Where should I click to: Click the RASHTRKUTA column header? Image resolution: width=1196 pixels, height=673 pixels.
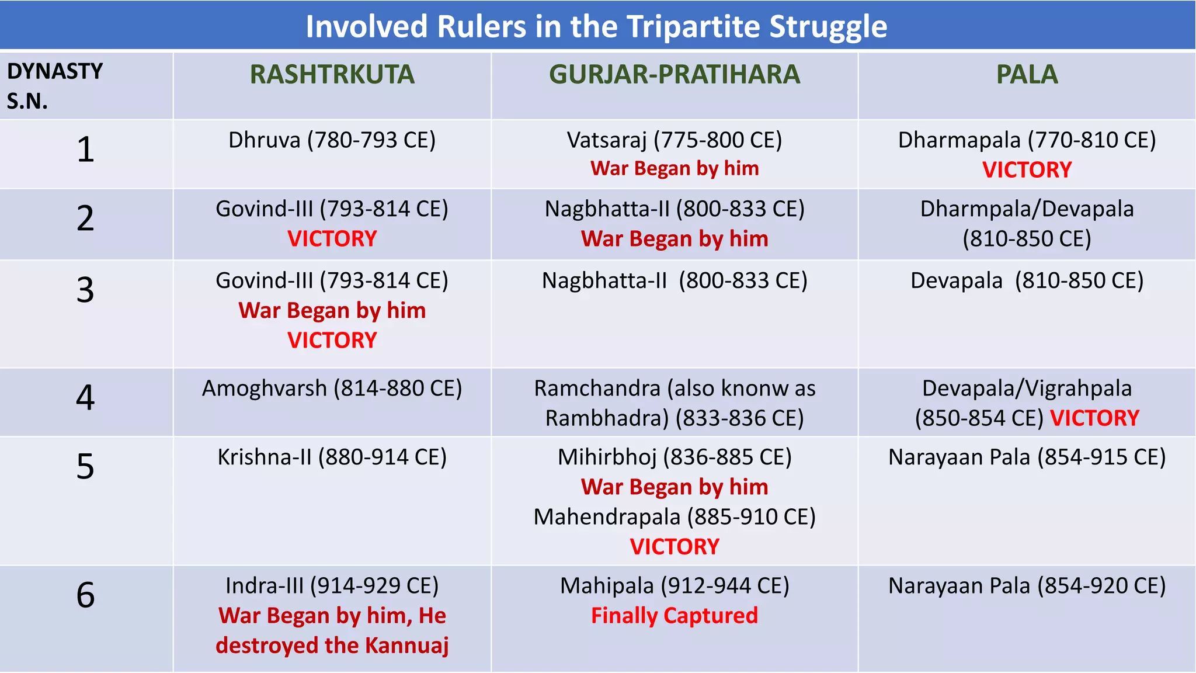coord(332,75)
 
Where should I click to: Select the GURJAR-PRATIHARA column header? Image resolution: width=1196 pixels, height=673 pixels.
coord(675,75)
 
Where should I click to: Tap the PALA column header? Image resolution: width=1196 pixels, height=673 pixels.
coord(1027,75)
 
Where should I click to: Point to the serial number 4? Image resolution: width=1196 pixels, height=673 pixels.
coord(85,398)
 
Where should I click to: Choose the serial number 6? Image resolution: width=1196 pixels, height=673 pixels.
coord(85,595)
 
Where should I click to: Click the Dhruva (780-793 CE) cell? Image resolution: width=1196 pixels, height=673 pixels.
coord(332,140)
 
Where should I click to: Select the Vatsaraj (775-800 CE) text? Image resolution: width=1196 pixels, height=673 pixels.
coord(675,140)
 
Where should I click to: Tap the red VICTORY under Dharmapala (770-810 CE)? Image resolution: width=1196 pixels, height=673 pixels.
coord(1027,170)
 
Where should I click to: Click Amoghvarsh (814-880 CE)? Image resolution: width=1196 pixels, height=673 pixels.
coord(332,388)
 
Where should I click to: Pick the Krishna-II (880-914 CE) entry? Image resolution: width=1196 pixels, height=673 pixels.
coord(332,457)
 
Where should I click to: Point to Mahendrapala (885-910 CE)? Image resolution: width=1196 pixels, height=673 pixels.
coord(675,517)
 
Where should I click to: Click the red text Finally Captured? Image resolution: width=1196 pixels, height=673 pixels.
coord(675,616)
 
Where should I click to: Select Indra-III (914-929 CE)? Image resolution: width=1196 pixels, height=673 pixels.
coord(332,586)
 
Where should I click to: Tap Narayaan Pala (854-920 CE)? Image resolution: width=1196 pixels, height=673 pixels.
coord(1027,586)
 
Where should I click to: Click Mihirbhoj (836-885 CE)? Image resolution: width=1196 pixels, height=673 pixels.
coord(675,457)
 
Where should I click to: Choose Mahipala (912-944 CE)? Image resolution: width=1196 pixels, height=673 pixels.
coord(675,586)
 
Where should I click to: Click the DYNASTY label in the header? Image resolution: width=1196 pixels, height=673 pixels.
coord(55,71)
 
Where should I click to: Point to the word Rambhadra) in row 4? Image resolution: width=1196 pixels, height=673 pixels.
coord(607,418)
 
